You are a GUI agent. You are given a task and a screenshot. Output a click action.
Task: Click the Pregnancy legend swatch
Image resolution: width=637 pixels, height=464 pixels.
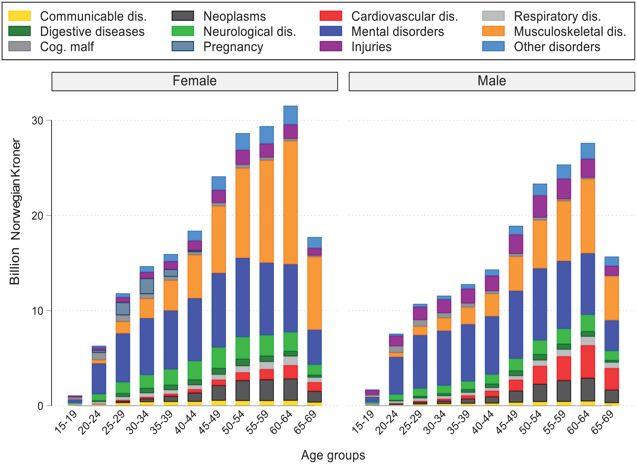[183, 46]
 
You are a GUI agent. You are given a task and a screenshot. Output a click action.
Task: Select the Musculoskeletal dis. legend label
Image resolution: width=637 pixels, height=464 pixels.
[570, 31]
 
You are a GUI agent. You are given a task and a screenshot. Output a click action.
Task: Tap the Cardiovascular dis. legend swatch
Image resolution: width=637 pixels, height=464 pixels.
[331, 16]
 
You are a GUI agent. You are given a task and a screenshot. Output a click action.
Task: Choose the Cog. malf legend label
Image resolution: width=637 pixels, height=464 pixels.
[67, 47]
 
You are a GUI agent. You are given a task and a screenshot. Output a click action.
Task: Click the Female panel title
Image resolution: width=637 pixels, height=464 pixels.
[195, 81]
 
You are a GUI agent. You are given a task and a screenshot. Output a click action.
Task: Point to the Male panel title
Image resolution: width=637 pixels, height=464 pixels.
[492, 81]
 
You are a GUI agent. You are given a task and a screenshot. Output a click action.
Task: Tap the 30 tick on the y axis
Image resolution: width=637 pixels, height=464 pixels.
[38, 121]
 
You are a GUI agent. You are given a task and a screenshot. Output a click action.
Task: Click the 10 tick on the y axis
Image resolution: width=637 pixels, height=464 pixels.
[38, 311]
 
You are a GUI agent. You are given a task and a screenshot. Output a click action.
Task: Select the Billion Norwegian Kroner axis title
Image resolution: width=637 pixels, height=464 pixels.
[15, 212]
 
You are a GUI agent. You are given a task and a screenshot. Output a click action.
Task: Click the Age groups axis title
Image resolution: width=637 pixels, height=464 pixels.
[333, 455]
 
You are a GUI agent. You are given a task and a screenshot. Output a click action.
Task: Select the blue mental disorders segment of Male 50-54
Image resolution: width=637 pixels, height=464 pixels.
[540, 304]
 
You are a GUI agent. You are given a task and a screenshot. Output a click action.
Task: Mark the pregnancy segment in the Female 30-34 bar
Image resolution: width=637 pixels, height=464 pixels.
[147, 286]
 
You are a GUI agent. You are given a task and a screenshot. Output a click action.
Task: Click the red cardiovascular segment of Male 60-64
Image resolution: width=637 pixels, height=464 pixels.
[588, 362]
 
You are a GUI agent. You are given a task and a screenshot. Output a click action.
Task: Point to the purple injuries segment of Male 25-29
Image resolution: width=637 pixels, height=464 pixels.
[420, 313]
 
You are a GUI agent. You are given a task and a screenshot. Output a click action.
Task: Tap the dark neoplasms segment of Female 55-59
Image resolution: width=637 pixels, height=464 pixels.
[267, 390]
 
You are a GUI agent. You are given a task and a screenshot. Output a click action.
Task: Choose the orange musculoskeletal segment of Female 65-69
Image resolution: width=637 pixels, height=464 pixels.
[315, 293]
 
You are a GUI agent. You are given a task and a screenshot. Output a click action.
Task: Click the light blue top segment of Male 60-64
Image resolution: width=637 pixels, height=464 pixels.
[588, 151]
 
